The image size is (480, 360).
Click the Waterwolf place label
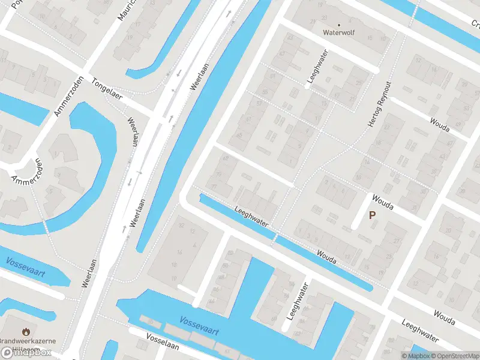click(339, 32)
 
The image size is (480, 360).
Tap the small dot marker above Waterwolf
click(339, 24)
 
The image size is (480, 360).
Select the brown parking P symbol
click(372, 215)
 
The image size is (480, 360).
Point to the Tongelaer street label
click(107, 89)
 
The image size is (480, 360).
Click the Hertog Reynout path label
click(379, 103)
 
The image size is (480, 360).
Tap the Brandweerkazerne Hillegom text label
click(28, 344)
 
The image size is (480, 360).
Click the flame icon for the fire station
click(26, 331)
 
